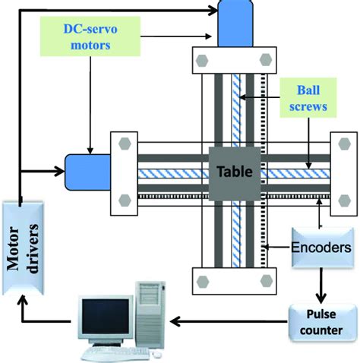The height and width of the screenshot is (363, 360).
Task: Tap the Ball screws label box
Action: click(x=308, y=97)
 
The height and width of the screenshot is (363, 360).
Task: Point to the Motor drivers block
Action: click(x=22, y=247)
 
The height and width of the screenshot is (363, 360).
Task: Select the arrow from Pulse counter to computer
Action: click(x=228, y=322)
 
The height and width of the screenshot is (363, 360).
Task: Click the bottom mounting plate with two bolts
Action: click(x=233, y=280)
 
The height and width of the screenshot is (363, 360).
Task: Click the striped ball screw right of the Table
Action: click(x=296, y=173)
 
